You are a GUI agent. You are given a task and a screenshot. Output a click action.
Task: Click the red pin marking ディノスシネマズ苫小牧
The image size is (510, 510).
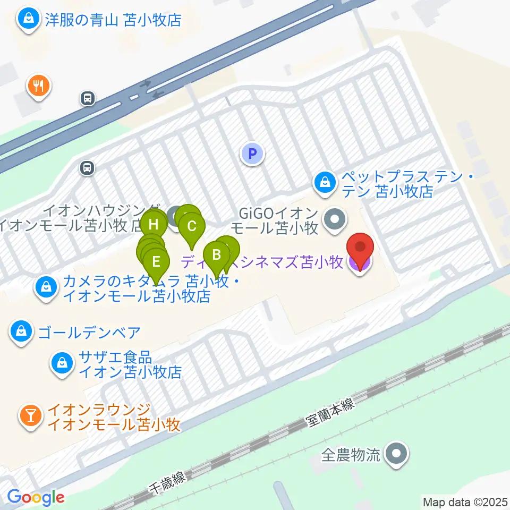point(360,249)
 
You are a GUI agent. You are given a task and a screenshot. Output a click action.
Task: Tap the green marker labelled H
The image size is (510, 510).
point(154,224)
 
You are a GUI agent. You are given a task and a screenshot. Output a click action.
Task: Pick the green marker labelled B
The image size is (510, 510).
point(216,254)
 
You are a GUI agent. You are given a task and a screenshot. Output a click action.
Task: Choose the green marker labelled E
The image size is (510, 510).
point(156,261)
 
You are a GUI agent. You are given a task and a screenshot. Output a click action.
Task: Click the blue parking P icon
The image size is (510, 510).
point(252,155)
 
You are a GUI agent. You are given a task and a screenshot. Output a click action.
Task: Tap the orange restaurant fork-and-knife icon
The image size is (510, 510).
point(38,85)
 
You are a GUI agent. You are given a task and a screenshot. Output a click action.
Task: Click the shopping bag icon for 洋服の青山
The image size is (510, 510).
point(26,20)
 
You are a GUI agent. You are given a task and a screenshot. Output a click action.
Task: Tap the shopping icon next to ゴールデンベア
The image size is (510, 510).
point(21,333)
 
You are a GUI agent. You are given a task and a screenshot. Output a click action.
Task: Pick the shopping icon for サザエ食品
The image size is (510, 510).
point(63,364)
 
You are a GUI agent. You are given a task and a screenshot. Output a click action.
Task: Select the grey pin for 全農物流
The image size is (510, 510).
point(396,454)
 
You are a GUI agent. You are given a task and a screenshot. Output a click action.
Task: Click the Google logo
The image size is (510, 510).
point(36,497)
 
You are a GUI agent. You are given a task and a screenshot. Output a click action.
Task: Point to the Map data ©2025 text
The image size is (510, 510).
point(465,501)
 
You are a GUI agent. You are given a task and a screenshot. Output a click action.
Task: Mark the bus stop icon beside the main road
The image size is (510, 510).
point(88,98)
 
